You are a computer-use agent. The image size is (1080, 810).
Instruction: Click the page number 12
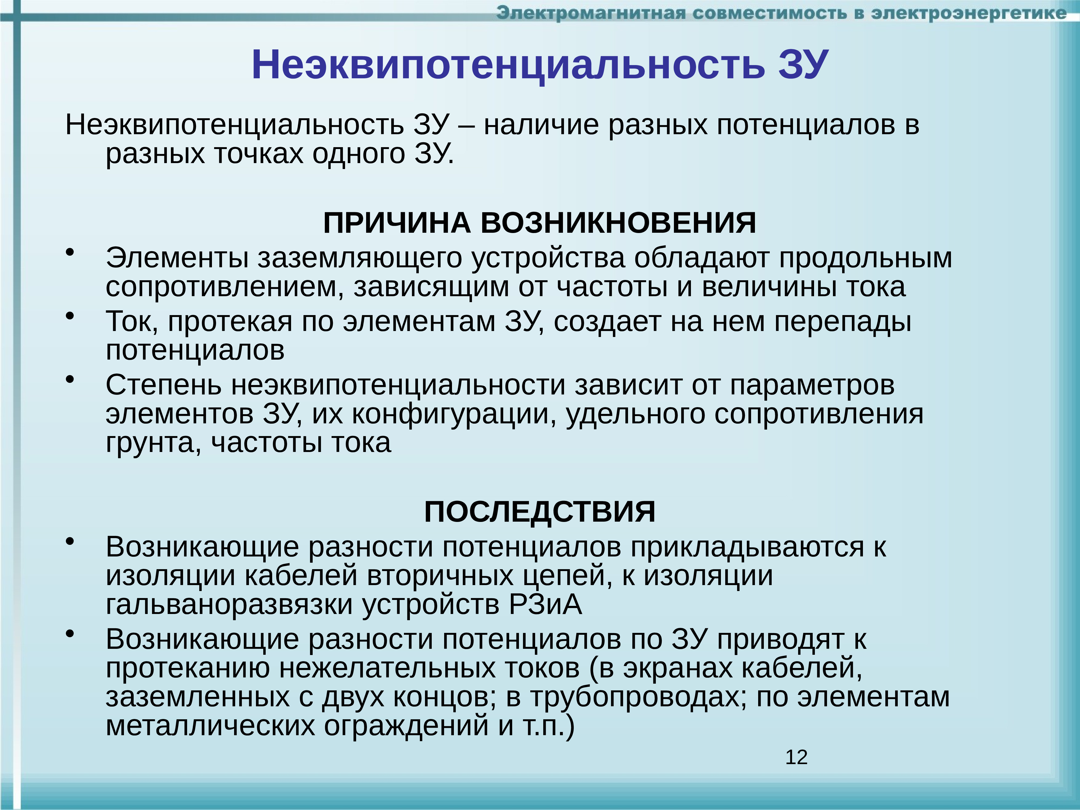tap(796, 757)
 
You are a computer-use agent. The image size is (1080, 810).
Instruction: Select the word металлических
tap(210, 726)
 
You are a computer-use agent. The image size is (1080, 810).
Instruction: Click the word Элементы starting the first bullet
tap(177, 258)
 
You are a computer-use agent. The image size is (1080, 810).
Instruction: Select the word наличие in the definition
tap(541, 126)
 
